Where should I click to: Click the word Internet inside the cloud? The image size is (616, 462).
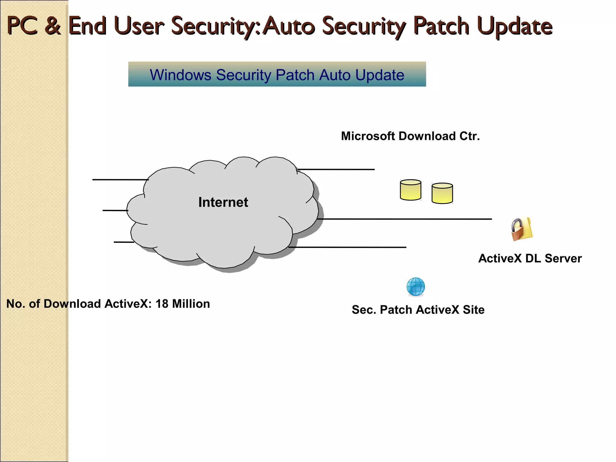[x=223, y=202]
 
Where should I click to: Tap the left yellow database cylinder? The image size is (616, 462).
[x=410, y=190]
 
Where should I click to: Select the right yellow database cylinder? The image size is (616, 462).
[x=442, y=193]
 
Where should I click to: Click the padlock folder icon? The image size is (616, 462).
[x=522, y=229]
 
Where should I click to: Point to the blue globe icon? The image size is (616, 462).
[x=416, y=287]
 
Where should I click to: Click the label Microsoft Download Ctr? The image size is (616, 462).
[x=410, y=136]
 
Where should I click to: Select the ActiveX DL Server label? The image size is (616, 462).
[x=530, y=258]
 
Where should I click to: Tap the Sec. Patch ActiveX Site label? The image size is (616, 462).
[x=418, y=310]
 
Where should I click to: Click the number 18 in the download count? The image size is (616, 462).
[x=162, y=304]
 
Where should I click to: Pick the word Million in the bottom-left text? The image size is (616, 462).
[x=191, y=304]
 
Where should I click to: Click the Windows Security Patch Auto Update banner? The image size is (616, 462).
[x=277, y=74]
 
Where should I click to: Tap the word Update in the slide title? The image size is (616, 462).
[x=515, y=26]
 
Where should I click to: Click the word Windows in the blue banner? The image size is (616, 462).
[x=180, y=75]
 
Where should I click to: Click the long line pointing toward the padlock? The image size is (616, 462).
[x=405, y=219]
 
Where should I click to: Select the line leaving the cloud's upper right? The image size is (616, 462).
[x=336, y=169]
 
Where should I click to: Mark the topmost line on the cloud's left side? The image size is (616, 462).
[x=120, y=180]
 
